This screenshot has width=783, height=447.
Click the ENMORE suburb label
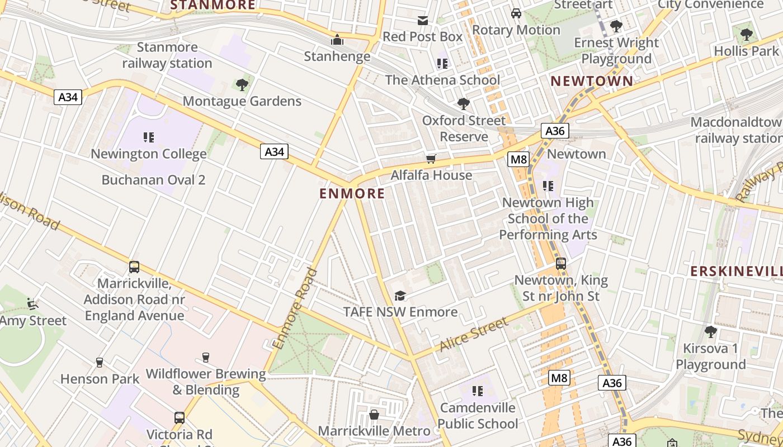click(x=352, y=194)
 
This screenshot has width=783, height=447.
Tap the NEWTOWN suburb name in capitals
click(x=592, y=81)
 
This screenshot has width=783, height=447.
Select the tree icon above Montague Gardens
click(x=242, y=85)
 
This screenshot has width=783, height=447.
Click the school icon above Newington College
click(x=148, y=137)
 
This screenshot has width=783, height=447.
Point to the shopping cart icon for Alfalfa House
click(x=431, y=159)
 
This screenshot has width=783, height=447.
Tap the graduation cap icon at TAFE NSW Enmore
click(x=400, y=296)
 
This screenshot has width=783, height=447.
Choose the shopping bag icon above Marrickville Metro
click(x=374, y=415)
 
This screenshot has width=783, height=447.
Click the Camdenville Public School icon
click(x=477, y=391)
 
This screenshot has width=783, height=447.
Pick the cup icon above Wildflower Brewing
click(x=205, y=358)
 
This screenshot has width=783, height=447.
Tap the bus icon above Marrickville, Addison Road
click(x=134, y=267)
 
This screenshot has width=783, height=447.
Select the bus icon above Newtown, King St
click(x=561, y=264)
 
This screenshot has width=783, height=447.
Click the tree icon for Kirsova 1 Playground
click(x=710, y=332)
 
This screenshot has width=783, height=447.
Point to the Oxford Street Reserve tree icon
click(x=463, y=103)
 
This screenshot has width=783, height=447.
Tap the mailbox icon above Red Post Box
click(x=423, y=21)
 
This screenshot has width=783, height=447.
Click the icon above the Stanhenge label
click(x=337, y=40)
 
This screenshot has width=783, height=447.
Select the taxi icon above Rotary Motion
click(x=516, y=13)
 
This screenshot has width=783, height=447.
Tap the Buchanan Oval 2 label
click(x=153, y=180)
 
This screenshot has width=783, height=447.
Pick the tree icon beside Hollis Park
click(x=746, y=35)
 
